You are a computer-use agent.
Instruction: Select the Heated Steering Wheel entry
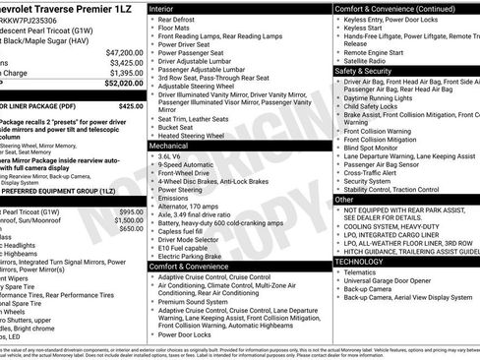pyautogui.click(x=198, y=135)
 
